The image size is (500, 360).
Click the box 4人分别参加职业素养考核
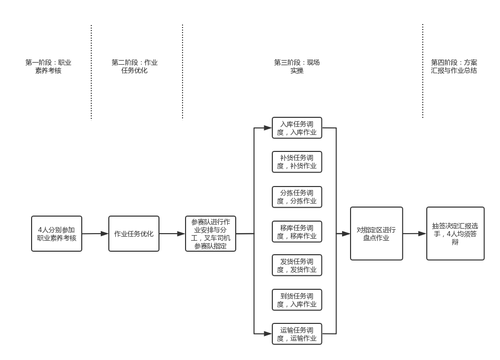coord(56,234)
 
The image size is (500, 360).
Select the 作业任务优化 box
coord(134,234)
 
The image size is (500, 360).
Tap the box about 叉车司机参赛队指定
coord(211,234)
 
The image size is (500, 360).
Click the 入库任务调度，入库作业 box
coord(297,128)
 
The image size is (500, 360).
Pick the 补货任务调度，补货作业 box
coord(297,162)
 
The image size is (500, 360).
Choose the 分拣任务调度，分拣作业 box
coord(297,197)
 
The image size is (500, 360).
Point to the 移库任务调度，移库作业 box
coord(297,232)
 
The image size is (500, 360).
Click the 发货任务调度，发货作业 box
coord(297,265)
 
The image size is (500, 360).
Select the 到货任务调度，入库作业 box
coord(297,300)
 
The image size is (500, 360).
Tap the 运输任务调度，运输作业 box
coord(297,334)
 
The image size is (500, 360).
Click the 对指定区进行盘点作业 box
coord(376,234)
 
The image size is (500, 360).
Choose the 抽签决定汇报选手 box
coord(455,234)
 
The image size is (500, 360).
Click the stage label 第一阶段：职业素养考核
coord(48,67)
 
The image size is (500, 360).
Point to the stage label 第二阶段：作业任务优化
coord(134,67)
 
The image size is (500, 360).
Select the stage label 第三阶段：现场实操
coord(296,67)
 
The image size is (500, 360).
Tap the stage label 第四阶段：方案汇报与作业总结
coord(454,67)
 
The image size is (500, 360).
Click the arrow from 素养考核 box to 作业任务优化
coord(95,234)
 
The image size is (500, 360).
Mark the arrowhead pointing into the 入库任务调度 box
coord(268,128)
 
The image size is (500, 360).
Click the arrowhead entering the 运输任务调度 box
coord(268,333)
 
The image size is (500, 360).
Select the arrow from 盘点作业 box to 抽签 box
coord(415,234)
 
